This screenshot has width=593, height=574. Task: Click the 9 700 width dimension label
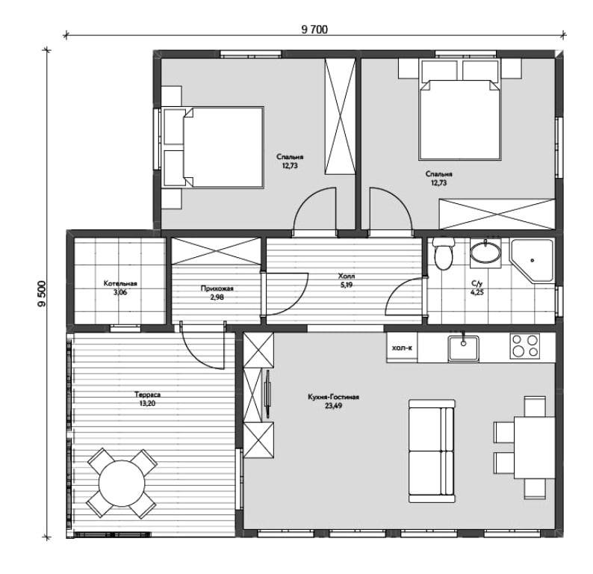(314, 29)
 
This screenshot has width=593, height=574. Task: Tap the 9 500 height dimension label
(42, 294)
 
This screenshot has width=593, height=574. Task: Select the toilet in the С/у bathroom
(443, 253)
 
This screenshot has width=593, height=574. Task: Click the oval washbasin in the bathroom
(485, 253)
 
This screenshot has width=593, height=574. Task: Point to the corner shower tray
(532, 260)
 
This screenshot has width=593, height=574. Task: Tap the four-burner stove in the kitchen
(524, 346)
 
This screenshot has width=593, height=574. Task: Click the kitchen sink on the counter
(463, 348)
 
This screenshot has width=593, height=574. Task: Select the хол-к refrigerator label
(402, 348)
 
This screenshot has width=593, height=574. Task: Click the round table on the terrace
(122, 483)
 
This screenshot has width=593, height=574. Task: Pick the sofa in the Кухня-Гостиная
(432, 451)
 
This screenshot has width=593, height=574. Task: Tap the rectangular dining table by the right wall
(535, 448)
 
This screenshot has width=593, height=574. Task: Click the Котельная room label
(120, 283)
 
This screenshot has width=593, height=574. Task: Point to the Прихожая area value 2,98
(217, 297)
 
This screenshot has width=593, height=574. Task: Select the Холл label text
(347, 277)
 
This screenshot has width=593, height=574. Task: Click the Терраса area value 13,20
(147, 404)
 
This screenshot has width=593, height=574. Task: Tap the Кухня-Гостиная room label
(333, 398)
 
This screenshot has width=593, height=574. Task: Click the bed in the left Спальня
(214, 147)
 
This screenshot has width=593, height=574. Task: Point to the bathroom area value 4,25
(477, 292)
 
